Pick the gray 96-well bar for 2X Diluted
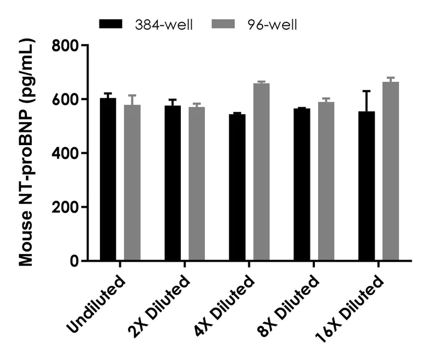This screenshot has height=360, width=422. (x=197, y=184)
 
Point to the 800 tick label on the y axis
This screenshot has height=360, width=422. (x=65, y=45)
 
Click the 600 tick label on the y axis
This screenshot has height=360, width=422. (x=65, y=99)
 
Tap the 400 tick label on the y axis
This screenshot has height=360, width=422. (x=65, y=153)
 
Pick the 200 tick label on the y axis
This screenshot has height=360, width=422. (x=65, y=207)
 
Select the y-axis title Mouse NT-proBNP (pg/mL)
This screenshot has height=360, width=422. (x=26, y=153)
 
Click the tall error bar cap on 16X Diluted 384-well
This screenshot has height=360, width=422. (x=367, y=91)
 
